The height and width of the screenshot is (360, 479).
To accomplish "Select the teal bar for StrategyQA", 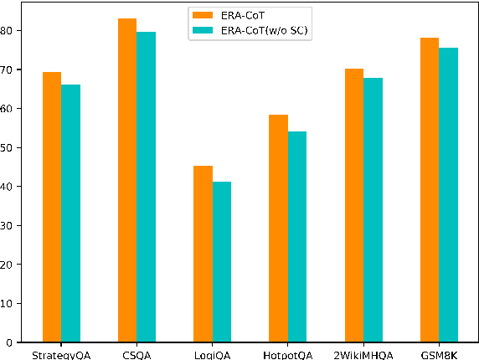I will (x=70, y=213).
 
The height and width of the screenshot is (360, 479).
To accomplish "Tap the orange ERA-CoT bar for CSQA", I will (x=127, y=180).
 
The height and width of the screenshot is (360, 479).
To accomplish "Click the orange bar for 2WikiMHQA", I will (x=354, y=205).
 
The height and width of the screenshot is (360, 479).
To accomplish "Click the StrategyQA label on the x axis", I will (x=61, y=354).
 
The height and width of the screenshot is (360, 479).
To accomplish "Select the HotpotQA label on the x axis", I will (x=288, y=354).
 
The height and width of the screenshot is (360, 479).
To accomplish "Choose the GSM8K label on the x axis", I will (x=440, y=354).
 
